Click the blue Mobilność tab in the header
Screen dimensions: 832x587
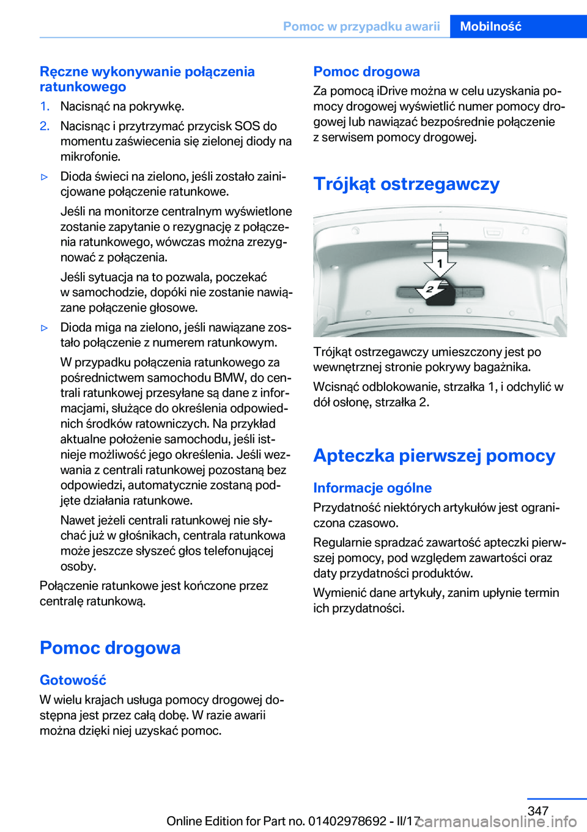point(490,26)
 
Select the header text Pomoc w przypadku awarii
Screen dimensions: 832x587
point(361,26)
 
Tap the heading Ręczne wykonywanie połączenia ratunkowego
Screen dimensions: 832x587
point(147,79)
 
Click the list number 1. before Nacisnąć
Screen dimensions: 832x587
point(45,106)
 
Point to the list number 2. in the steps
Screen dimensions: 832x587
point(45,126)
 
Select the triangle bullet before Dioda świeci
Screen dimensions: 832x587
point(44,177)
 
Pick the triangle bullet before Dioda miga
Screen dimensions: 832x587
point(44,328)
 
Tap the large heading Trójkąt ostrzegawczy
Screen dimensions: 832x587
point(406,184)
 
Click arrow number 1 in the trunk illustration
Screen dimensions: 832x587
point(440,264)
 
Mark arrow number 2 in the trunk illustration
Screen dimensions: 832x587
point(430,290)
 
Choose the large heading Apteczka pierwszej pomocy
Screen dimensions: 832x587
point(434,456)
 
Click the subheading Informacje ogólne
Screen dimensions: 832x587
point(372,488)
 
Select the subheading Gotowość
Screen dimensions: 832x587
point(73,681)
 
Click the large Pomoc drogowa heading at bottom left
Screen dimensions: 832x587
point(110,648)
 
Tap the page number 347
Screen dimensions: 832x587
point(537,811)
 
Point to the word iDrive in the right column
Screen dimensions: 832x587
point(395,91)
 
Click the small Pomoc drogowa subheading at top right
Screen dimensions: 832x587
point(366,71)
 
